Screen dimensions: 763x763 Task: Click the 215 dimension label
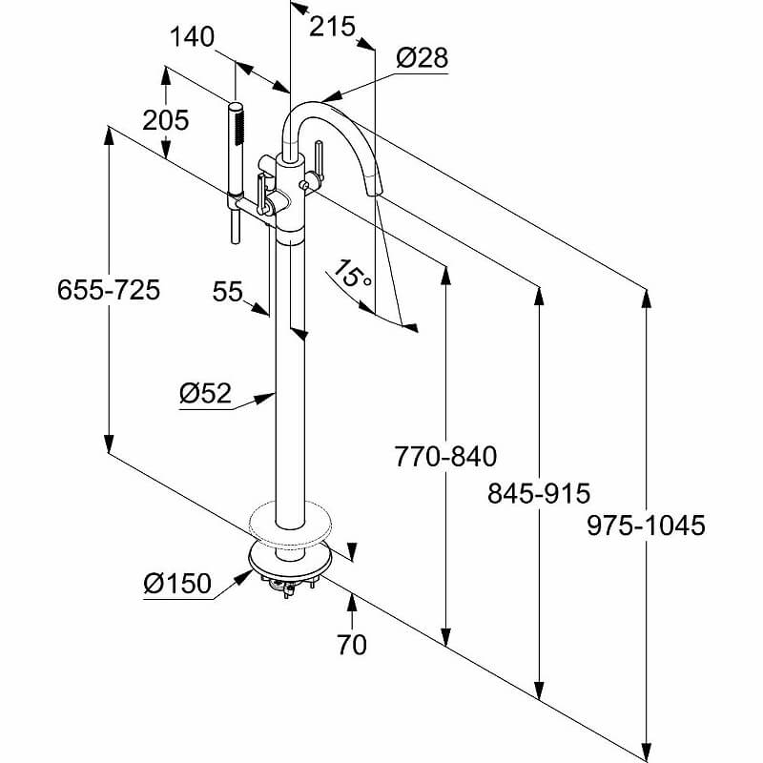tap(332, 27)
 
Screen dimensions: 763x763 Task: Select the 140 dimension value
tap(192, 37)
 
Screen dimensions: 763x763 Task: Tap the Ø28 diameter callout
tap(422, 58)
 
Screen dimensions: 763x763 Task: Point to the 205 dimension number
tap(165, 120)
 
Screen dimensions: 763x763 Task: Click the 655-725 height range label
tap(109, 290)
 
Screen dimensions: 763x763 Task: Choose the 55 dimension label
tap(227, 292)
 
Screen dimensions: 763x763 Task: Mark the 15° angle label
tap(353, 273)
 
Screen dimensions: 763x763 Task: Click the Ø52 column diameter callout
tap(205, 393)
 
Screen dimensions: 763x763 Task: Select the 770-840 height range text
tap(445, 457)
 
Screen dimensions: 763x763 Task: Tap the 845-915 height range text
tap(539, 493)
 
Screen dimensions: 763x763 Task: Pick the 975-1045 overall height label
tap(646, 526)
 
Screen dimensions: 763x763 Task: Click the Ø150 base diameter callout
tap(177, 583)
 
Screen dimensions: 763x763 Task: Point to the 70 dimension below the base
tap(351, 645)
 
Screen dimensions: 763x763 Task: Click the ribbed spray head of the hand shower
tap(237, 124)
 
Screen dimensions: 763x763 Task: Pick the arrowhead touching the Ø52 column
tap(265, 399)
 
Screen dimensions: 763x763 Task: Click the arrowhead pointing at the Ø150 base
tap(244, 577)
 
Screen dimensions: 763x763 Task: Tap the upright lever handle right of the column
tap(320, 159)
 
